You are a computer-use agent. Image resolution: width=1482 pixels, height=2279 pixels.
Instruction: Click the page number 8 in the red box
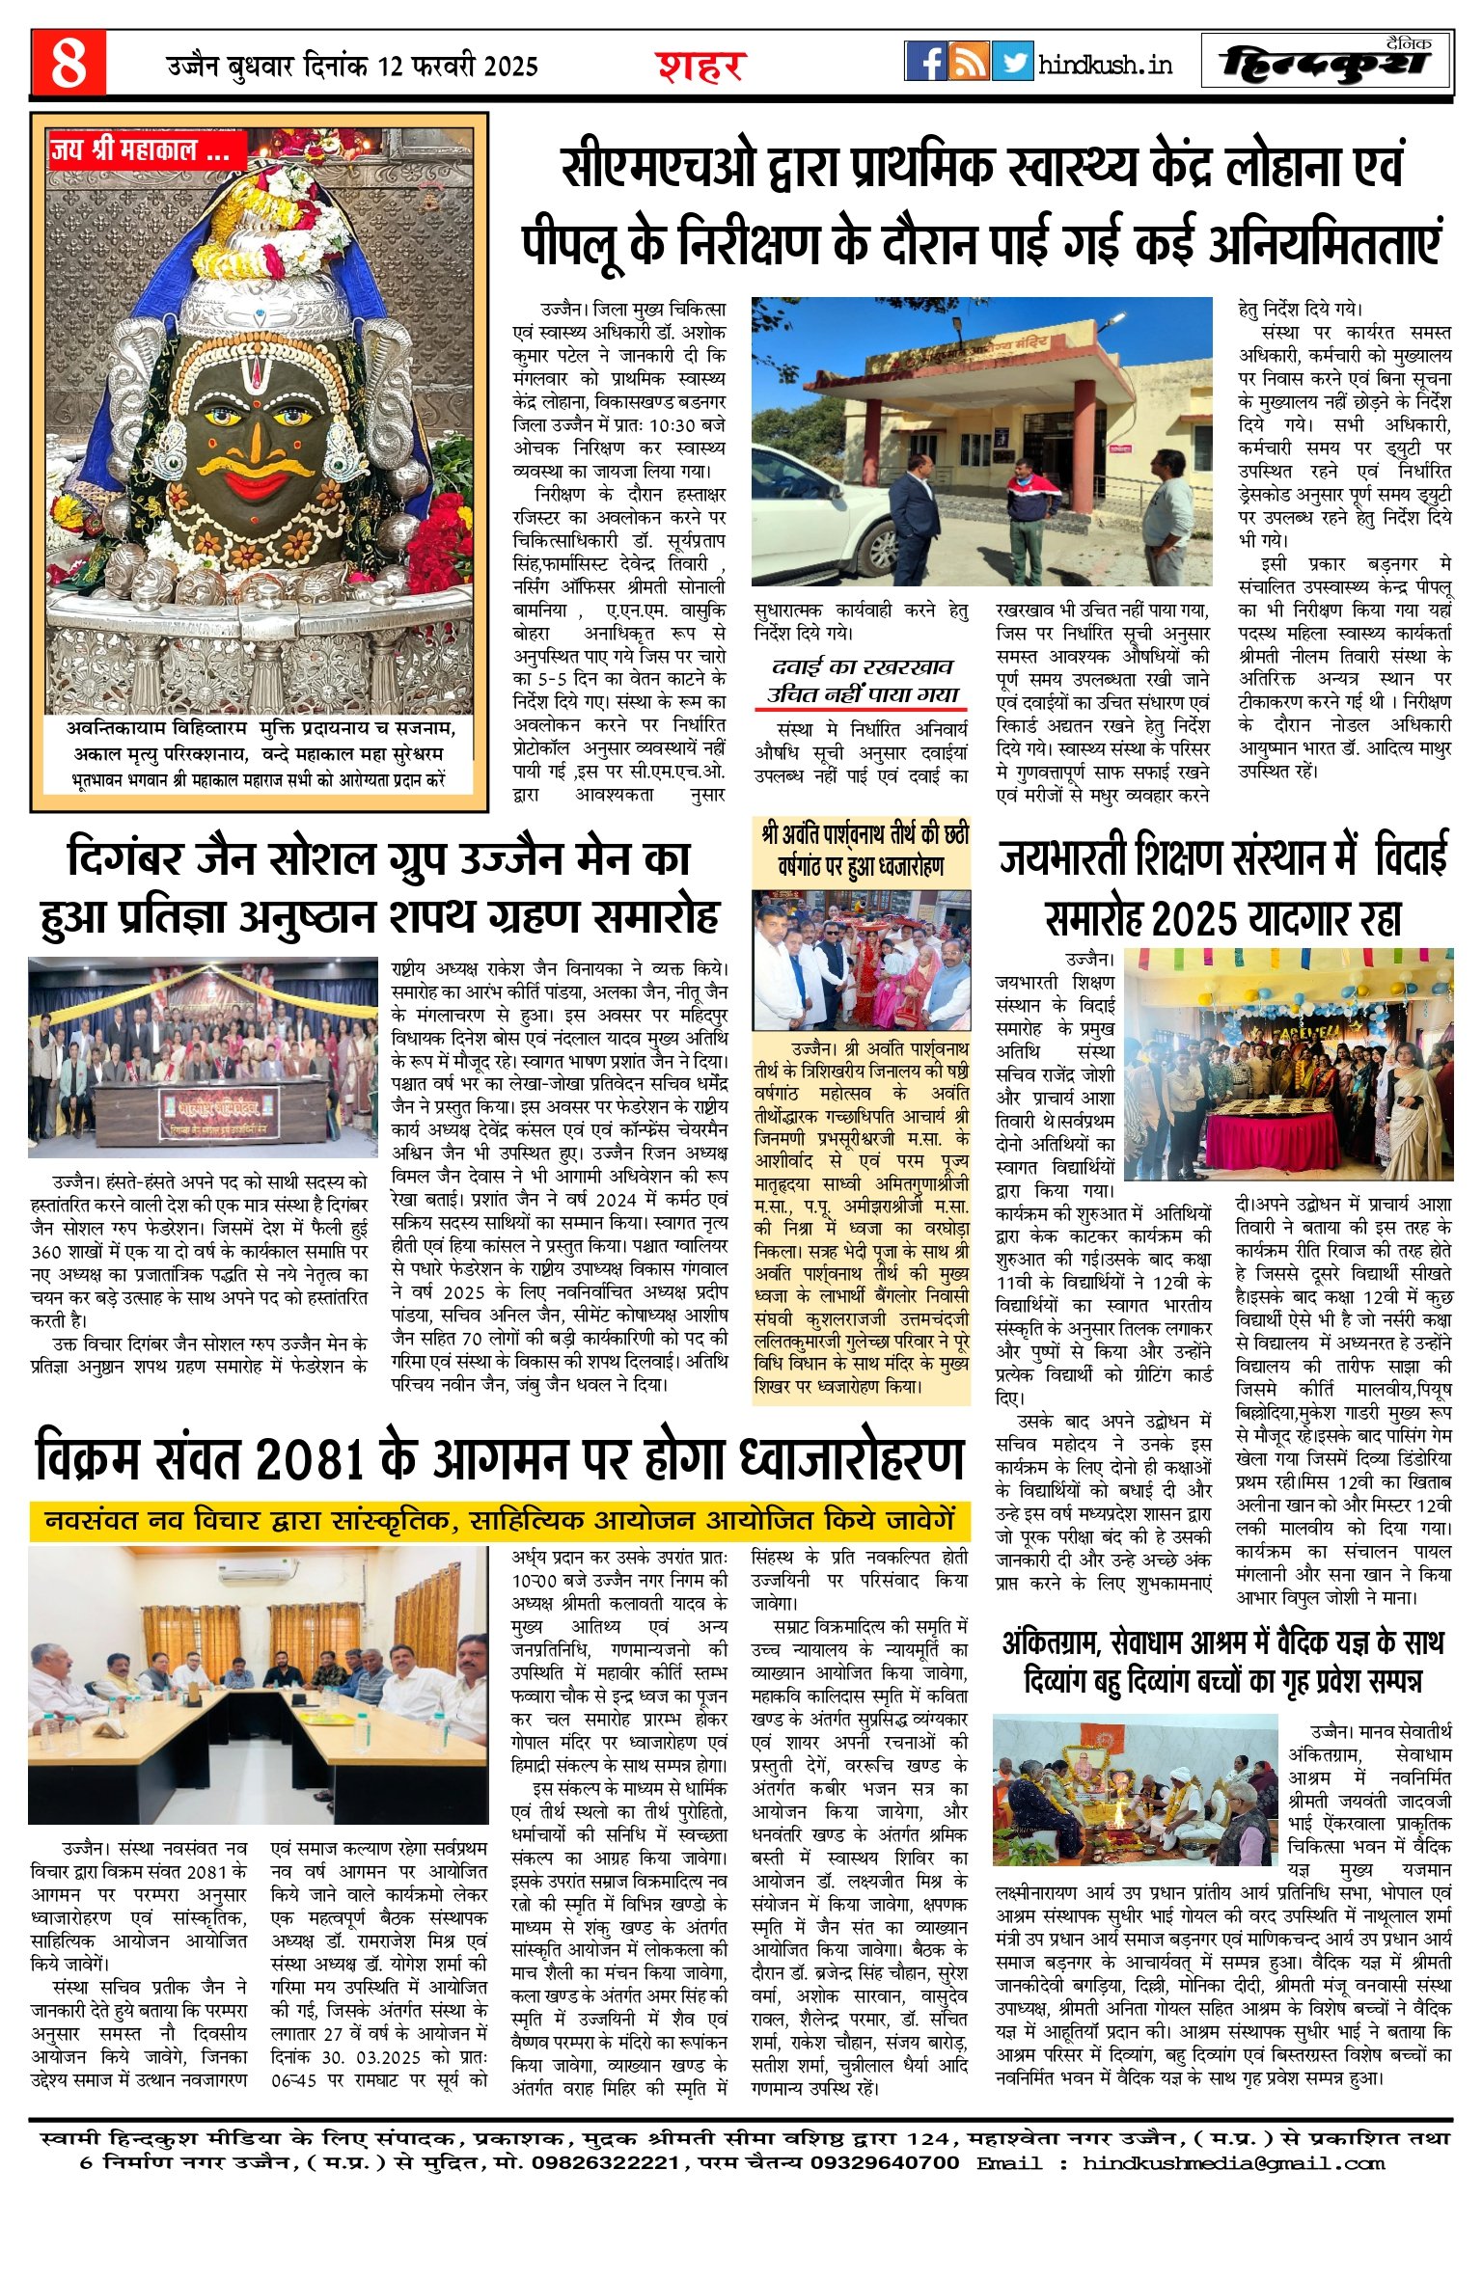(68, 63)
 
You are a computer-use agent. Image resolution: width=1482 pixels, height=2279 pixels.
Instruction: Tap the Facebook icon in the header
(925, 62)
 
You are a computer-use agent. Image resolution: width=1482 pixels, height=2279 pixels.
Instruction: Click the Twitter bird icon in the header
(1012, 62)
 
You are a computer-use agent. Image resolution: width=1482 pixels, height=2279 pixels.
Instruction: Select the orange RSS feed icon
(969, 62)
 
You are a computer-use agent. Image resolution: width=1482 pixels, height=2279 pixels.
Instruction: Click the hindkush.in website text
(1106, 65)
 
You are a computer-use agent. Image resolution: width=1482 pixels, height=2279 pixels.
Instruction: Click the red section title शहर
(701, 67)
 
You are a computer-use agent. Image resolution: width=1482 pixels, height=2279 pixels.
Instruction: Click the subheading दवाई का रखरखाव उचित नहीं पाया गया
(862, 681)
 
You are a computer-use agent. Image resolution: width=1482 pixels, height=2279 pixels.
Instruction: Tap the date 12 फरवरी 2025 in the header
(457, 67)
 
